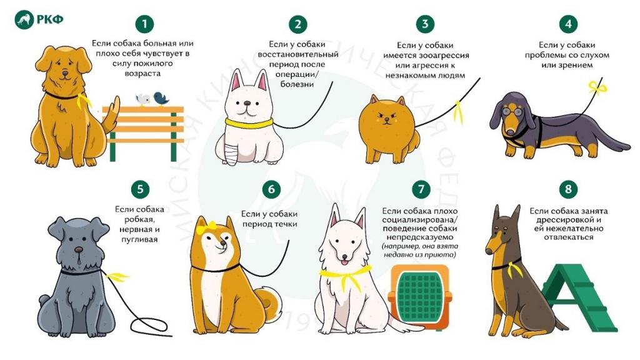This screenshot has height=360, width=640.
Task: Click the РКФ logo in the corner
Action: coord(39,19)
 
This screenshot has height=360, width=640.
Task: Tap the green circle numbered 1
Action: coord(144,24)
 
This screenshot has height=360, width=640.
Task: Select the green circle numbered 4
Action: coord(568,24)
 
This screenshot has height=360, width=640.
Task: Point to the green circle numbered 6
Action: coord(271,189)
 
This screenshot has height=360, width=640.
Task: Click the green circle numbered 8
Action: coord(568,189)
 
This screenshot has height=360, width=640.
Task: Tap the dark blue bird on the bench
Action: coord(161,98)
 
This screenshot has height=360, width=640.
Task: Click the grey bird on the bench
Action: coord(143,99)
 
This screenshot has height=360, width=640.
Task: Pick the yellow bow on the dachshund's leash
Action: coord(597,87)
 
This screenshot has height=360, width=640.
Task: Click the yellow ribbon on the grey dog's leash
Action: coord(116,277)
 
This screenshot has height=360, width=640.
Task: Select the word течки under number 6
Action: coord(285,224)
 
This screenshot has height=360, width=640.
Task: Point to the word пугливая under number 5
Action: coord(139,239)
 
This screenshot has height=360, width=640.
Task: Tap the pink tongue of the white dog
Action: coord(345,262)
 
